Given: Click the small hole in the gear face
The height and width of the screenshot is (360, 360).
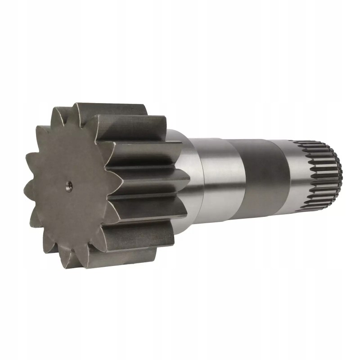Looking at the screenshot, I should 68,185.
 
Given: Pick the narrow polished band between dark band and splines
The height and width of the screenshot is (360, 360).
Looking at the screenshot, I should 295,175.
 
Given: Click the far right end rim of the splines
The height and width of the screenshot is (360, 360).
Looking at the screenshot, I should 339,173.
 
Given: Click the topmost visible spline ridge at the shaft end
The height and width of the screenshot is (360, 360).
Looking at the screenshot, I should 315,144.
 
